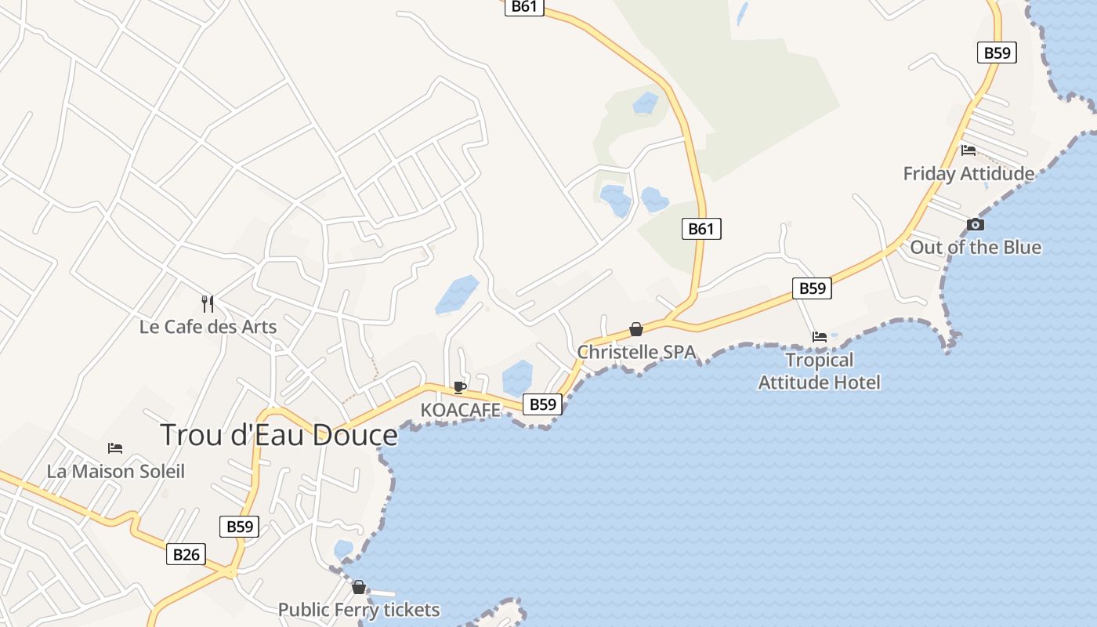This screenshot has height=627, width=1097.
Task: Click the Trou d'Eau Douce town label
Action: pos(279,435)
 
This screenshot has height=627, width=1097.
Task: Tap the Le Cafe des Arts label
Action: pos(208,326)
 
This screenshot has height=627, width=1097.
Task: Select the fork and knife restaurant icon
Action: pos(208,303)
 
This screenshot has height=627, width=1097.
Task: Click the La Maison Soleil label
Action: pos(116,471)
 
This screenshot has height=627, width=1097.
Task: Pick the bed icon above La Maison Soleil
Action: pos(115,448)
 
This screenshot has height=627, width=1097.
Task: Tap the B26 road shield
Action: pos(186,555)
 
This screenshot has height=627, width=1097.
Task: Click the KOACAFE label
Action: pos(460,409)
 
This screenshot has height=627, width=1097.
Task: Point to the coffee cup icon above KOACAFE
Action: pos(460,387)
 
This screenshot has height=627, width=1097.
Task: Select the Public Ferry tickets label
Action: pos(359,610)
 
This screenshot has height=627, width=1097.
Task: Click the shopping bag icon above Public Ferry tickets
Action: pos(359,587)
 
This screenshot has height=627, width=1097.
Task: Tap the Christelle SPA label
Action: pos(636,352)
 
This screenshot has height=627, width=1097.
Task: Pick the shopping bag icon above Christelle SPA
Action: pos(636,330)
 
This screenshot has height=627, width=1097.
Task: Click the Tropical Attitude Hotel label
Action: pos(820,371)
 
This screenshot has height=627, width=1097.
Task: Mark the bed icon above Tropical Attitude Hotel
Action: pos(820,337)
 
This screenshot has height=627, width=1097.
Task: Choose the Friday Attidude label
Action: pos(968,173)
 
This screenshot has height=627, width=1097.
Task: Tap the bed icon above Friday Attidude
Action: pos(968,150)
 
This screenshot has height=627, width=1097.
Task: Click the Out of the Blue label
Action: pos(976,247)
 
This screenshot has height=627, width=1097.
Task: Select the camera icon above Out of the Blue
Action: pos(976,225)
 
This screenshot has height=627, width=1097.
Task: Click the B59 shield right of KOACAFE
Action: pos(542,404)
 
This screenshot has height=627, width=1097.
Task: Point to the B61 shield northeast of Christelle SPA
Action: pos(701,229)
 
